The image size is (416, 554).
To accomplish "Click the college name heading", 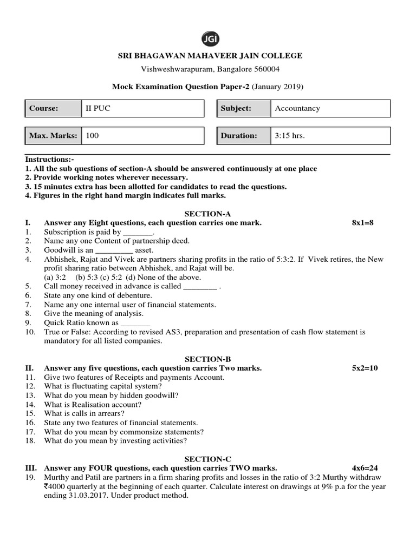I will click(x=211, y=56).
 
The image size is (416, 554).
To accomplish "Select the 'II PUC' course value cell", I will click(x=142, y=108).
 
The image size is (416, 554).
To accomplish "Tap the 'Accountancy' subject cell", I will click(x=330, y=108).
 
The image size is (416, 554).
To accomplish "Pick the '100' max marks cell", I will click(x=142, y=136).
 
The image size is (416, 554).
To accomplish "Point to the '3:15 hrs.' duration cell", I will click(x=330, y=136).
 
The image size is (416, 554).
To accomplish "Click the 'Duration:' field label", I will click(x=239, y=136).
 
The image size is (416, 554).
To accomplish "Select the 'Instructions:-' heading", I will click(x=50, y=160).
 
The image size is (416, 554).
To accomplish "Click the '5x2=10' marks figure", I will click(x=365, y=368).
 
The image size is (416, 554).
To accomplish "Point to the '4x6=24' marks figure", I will click(x=365, y=468).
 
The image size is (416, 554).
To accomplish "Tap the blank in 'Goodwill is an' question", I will click(x=114, y=250).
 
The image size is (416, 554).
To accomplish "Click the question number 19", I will click(x=30, y=477).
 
